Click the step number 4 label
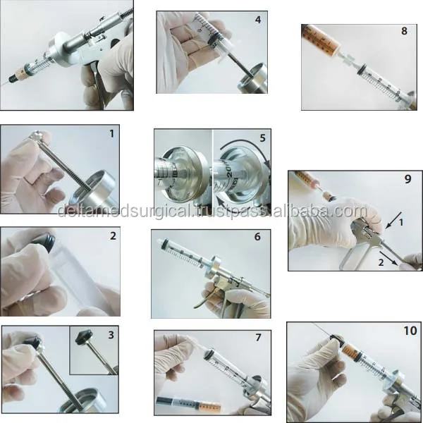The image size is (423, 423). point(257,20)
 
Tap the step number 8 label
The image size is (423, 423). point(403,32)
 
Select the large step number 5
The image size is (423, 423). point(262,138)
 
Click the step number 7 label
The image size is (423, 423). point(258,338)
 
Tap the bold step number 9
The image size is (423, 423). point(407,180)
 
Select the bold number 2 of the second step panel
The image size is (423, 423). point(112,236)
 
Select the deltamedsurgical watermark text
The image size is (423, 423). point(211,211)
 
